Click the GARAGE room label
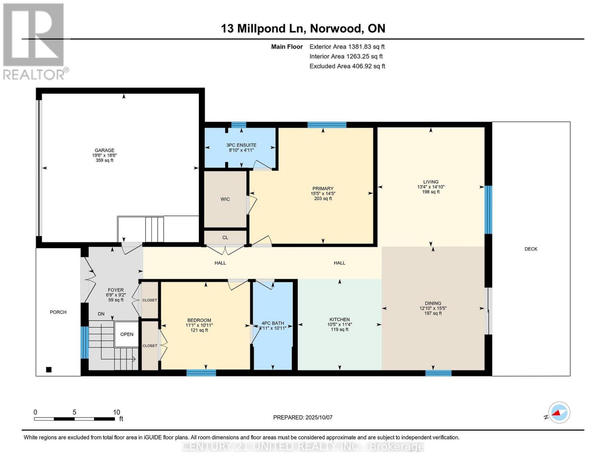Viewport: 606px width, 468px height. (104, 151)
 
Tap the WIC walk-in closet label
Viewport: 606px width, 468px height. (225, 199)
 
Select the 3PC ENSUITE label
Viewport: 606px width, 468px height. (241, 145)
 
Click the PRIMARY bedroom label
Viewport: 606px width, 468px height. (322, 189)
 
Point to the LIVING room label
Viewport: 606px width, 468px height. (431, 182)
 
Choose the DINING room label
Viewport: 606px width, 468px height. (433, 303)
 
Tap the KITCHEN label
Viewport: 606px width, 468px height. (339, 319)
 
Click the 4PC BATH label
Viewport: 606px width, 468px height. (273, 323)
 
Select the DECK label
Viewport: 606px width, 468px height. (531, 249)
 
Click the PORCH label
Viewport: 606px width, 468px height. (58, 312)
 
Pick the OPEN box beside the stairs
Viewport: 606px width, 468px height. (127, 334)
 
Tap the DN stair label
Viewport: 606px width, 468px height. (101, 314)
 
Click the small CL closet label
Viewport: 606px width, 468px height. (225, 238)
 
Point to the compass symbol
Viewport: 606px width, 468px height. (559, 413)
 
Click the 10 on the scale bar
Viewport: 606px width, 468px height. (116, 412)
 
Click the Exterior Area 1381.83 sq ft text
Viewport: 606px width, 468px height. (347, 46)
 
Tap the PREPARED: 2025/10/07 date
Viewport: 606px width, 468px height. (303, 417)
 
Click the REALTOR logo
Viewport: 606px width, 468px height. (34, 41)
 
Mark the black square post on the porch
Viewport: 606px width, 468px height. (49, 370)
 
